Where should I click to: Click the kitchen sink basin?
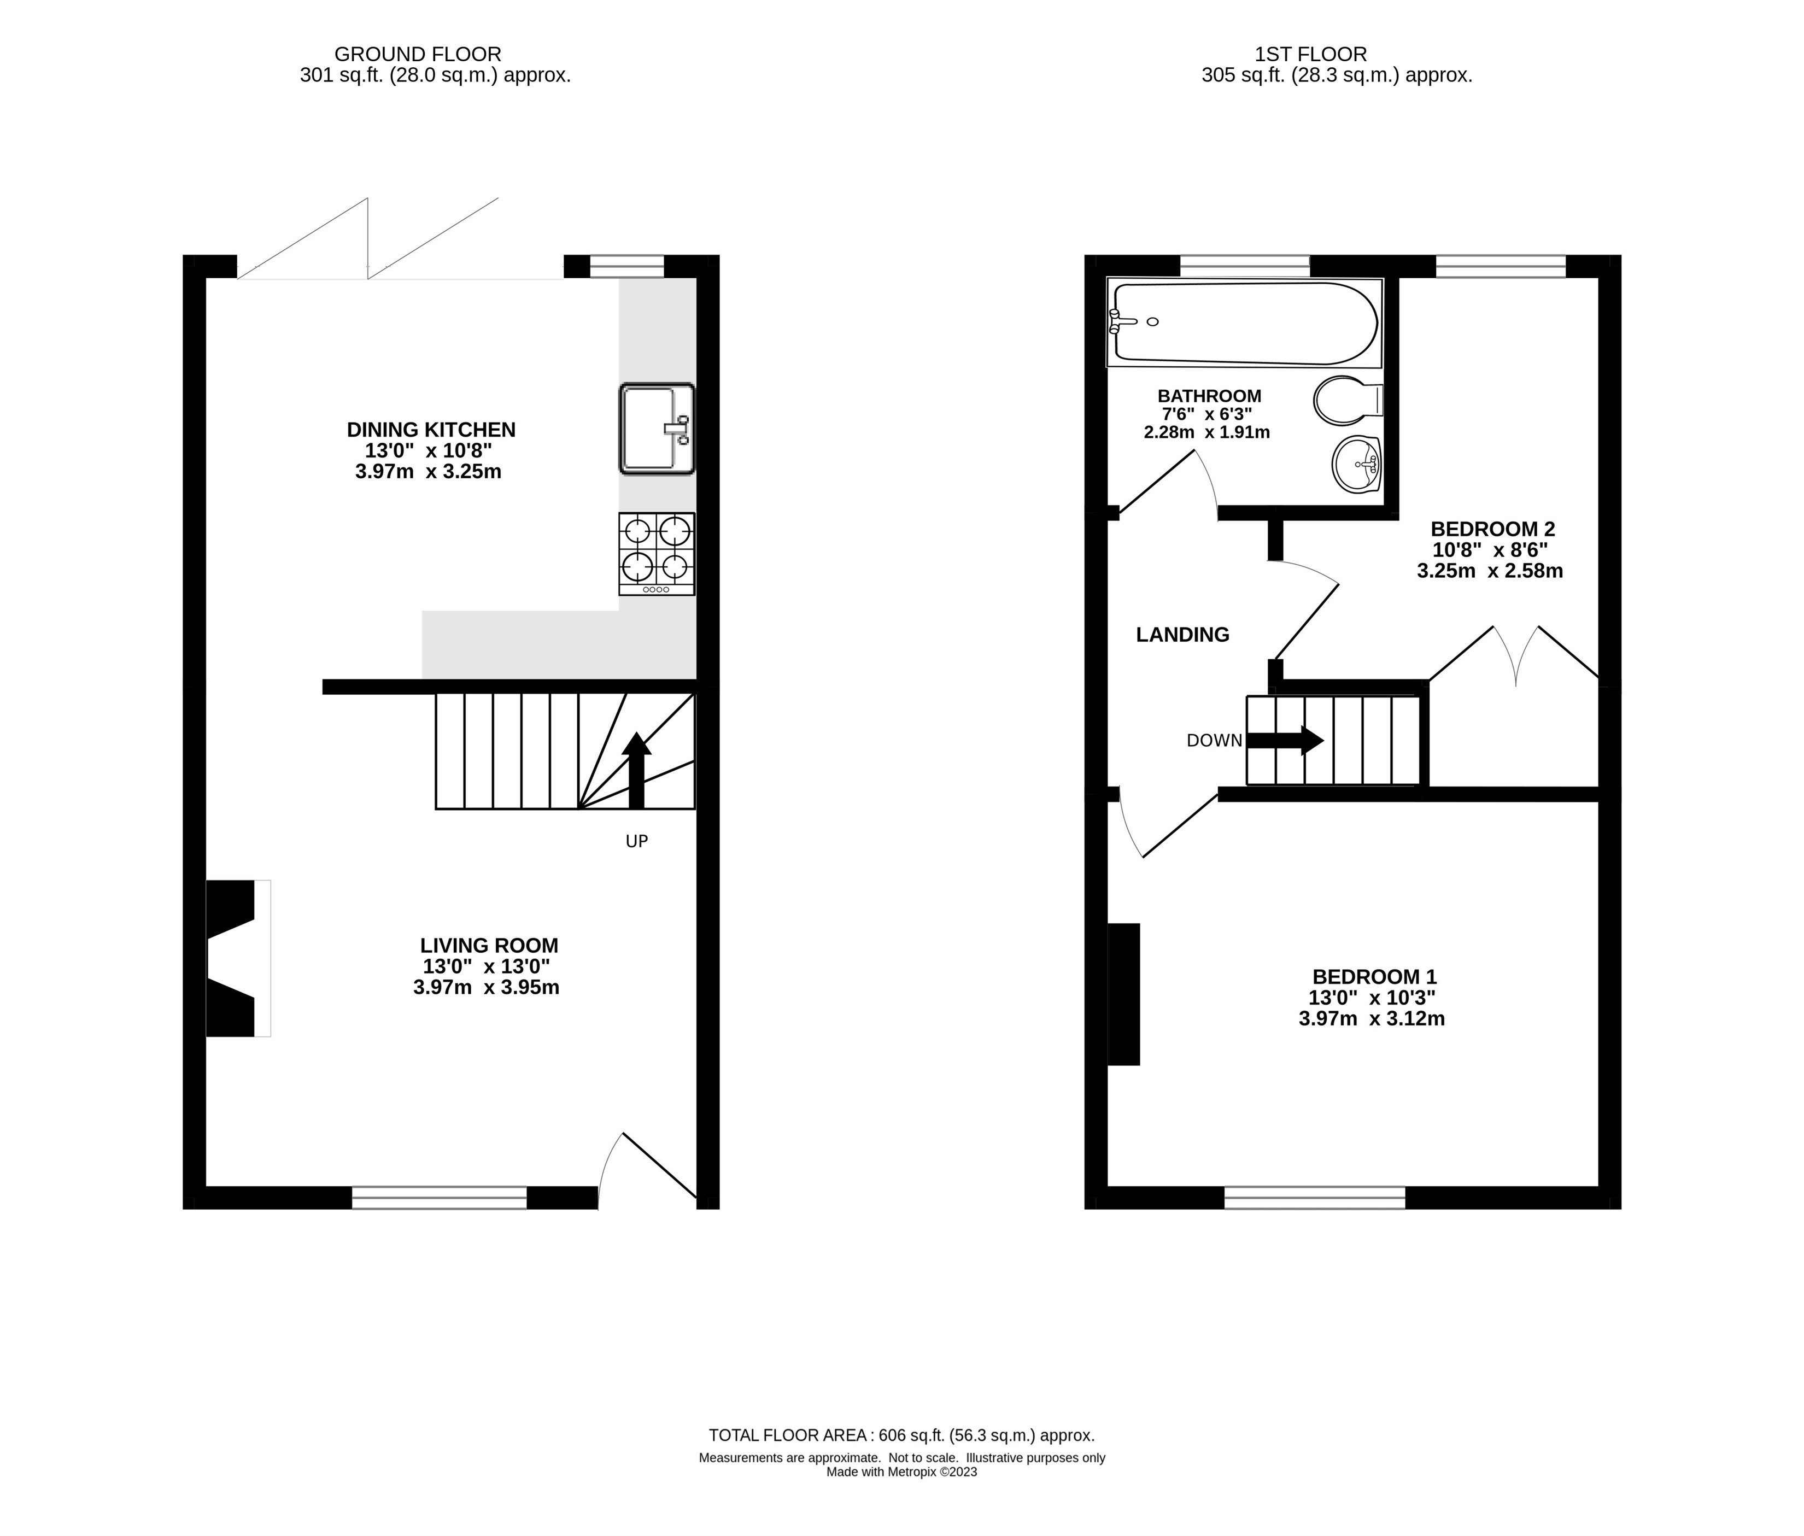(x=657, y=429)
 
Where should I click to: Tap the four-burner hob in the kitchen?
(x=657, y=554)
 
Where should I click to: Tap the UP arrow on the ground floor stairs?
(x=636, y=770)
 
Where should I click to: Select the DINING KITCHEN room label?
(x=431, y=429)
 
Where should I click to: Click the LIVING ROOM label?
(x=489, y=945)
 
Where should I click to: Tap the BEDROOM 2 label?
(x=1493, y=529)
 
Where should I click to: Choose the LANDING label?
(x=1182, y=635)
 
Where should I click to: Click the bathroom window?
(x=1245, y=266)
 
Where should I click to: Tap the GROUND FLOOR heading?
(x=418, y=54)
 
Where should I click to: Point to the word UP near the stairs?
(x=636, y=841)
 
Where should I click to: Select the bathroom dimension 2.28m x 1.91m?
(x=1206, y=432)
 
